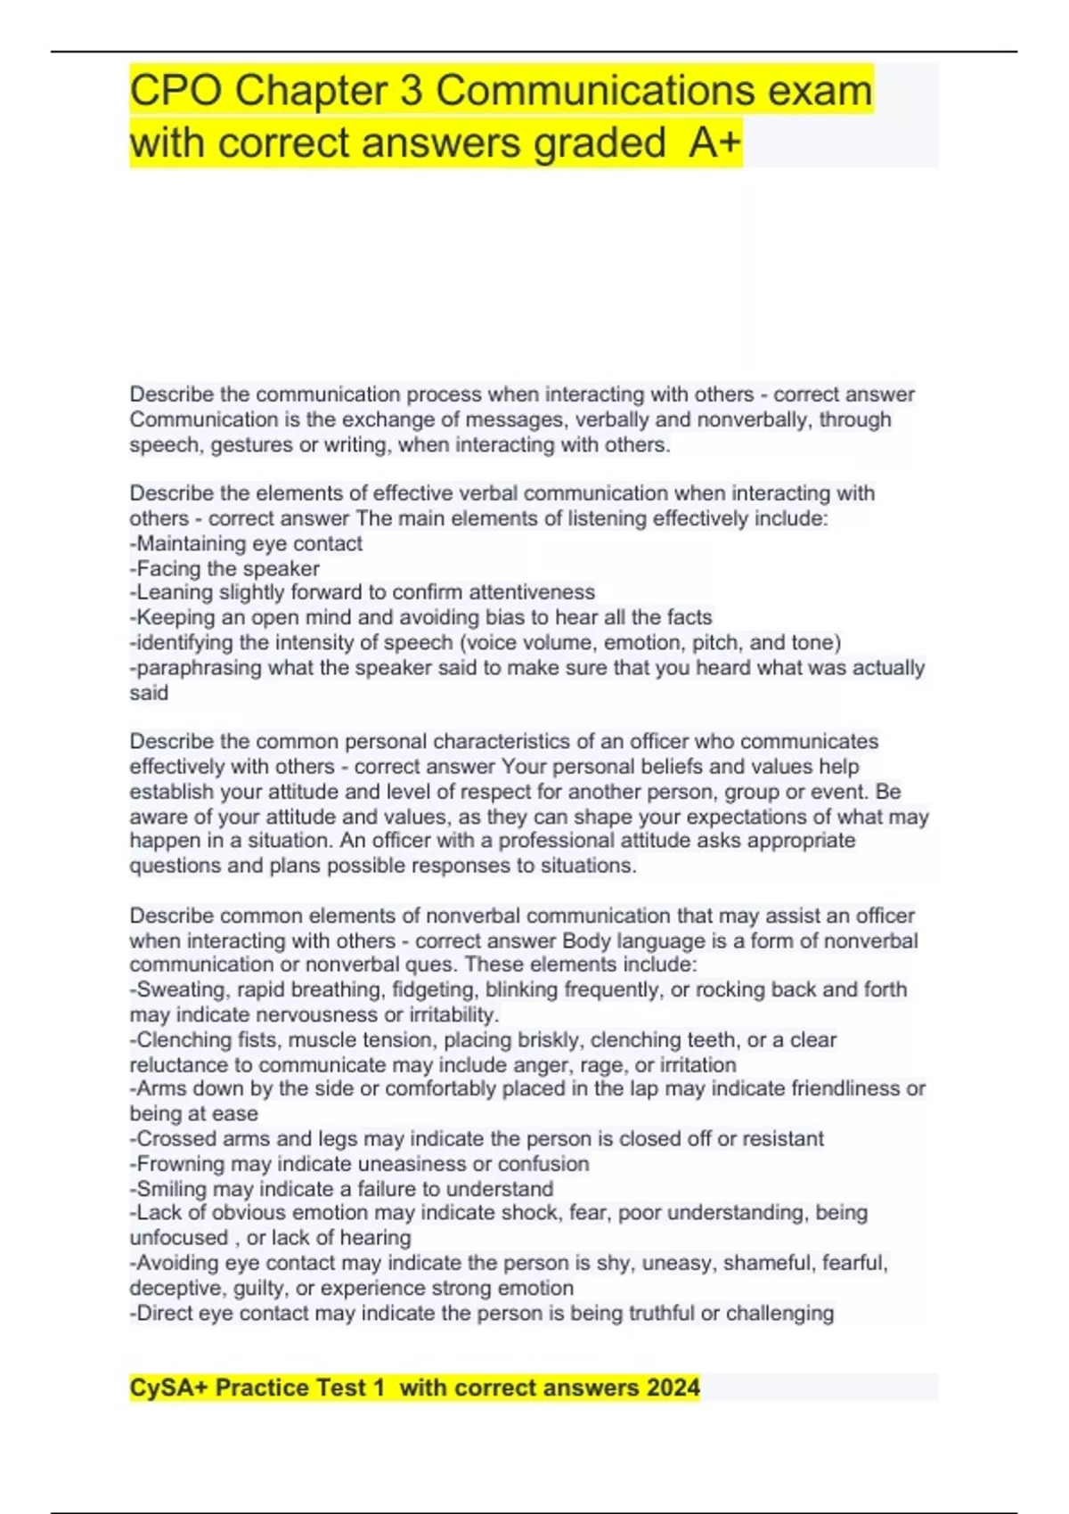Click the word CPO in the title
[175, 91]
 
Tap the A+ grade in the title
[714, 143]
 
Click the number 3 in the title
[411, 91]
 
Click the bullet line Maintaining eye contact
[247, 543]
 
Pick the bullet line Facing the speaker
[225, 568]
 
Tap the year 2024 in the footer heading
[673, 1388]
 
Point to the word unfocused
[179, 1238]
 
